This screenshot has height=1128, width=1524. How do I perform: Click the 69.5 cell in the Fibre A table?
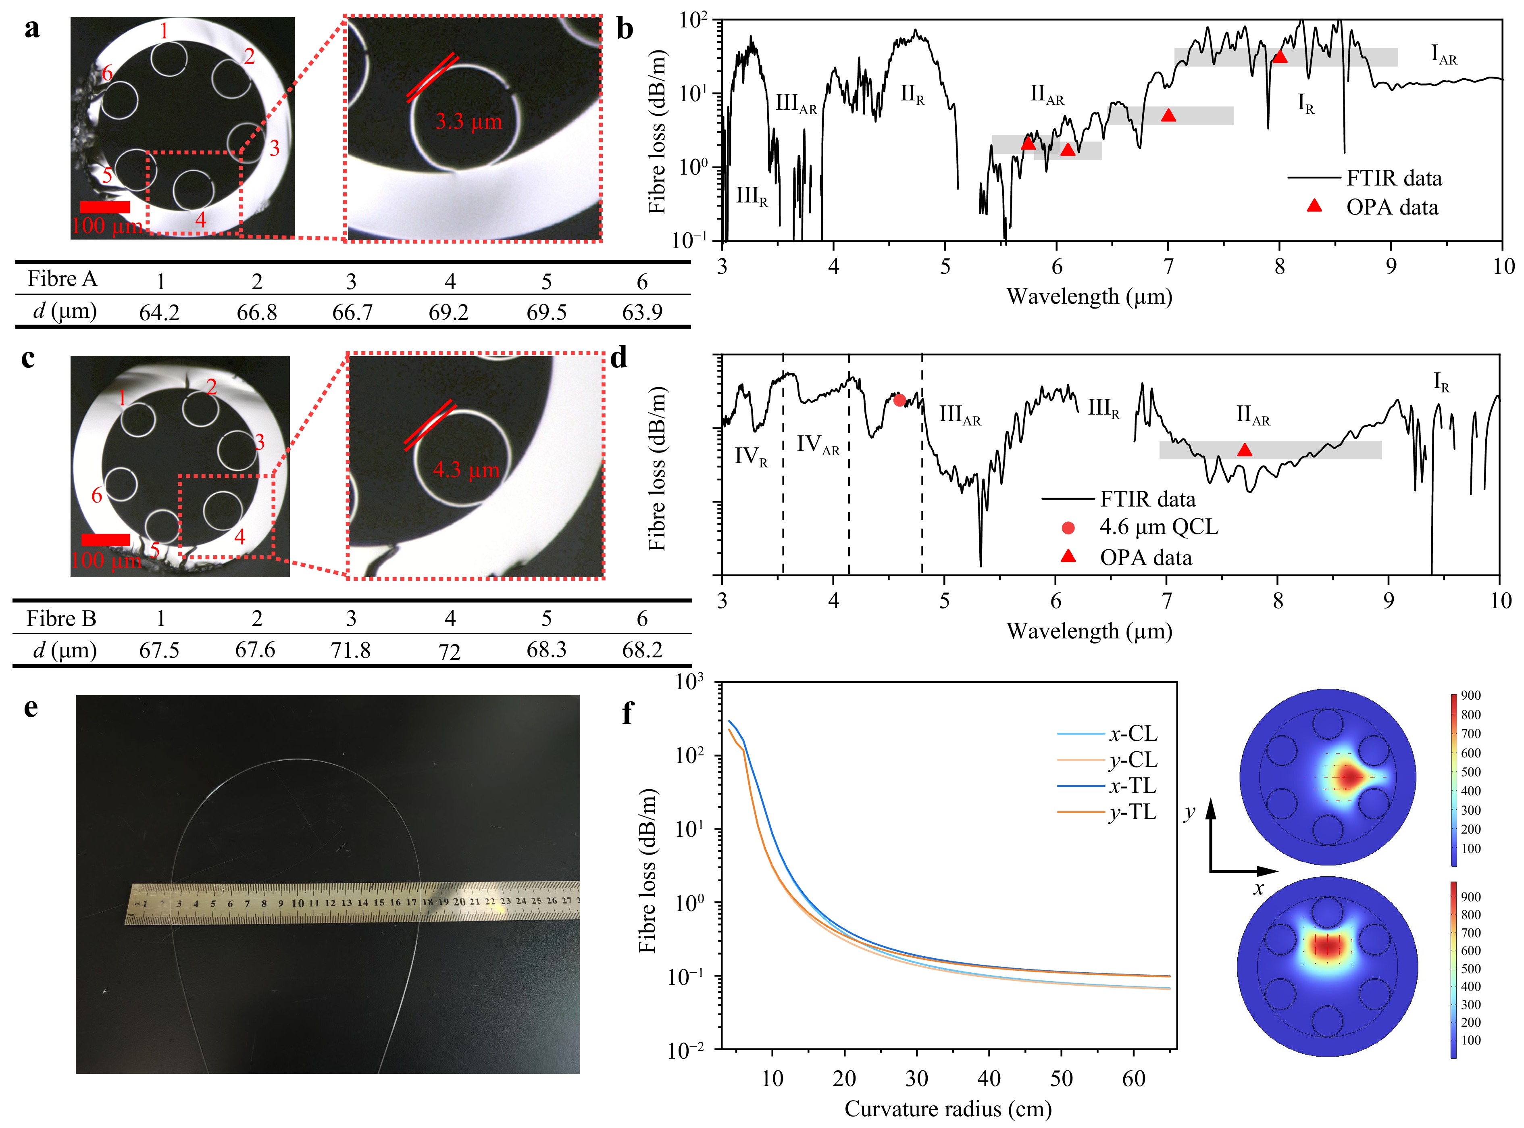(546, 312)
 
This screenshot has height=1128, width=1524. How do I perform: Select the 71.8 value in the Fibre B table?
(351, 650)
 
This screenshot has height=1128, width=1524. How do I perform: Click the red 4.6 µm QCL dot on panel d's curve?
(899, 400)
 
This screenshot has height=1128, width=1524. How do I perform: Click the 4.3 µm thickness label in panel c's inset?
(466, 470)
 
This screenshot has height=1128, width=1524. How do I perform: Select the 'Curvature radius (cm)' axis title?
(948, 1109)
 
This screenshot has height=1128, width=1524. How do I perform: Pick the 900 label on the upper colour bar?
(1471, 695)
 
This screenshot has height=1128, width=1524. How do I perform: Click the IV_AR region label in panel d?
(818, 445)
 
